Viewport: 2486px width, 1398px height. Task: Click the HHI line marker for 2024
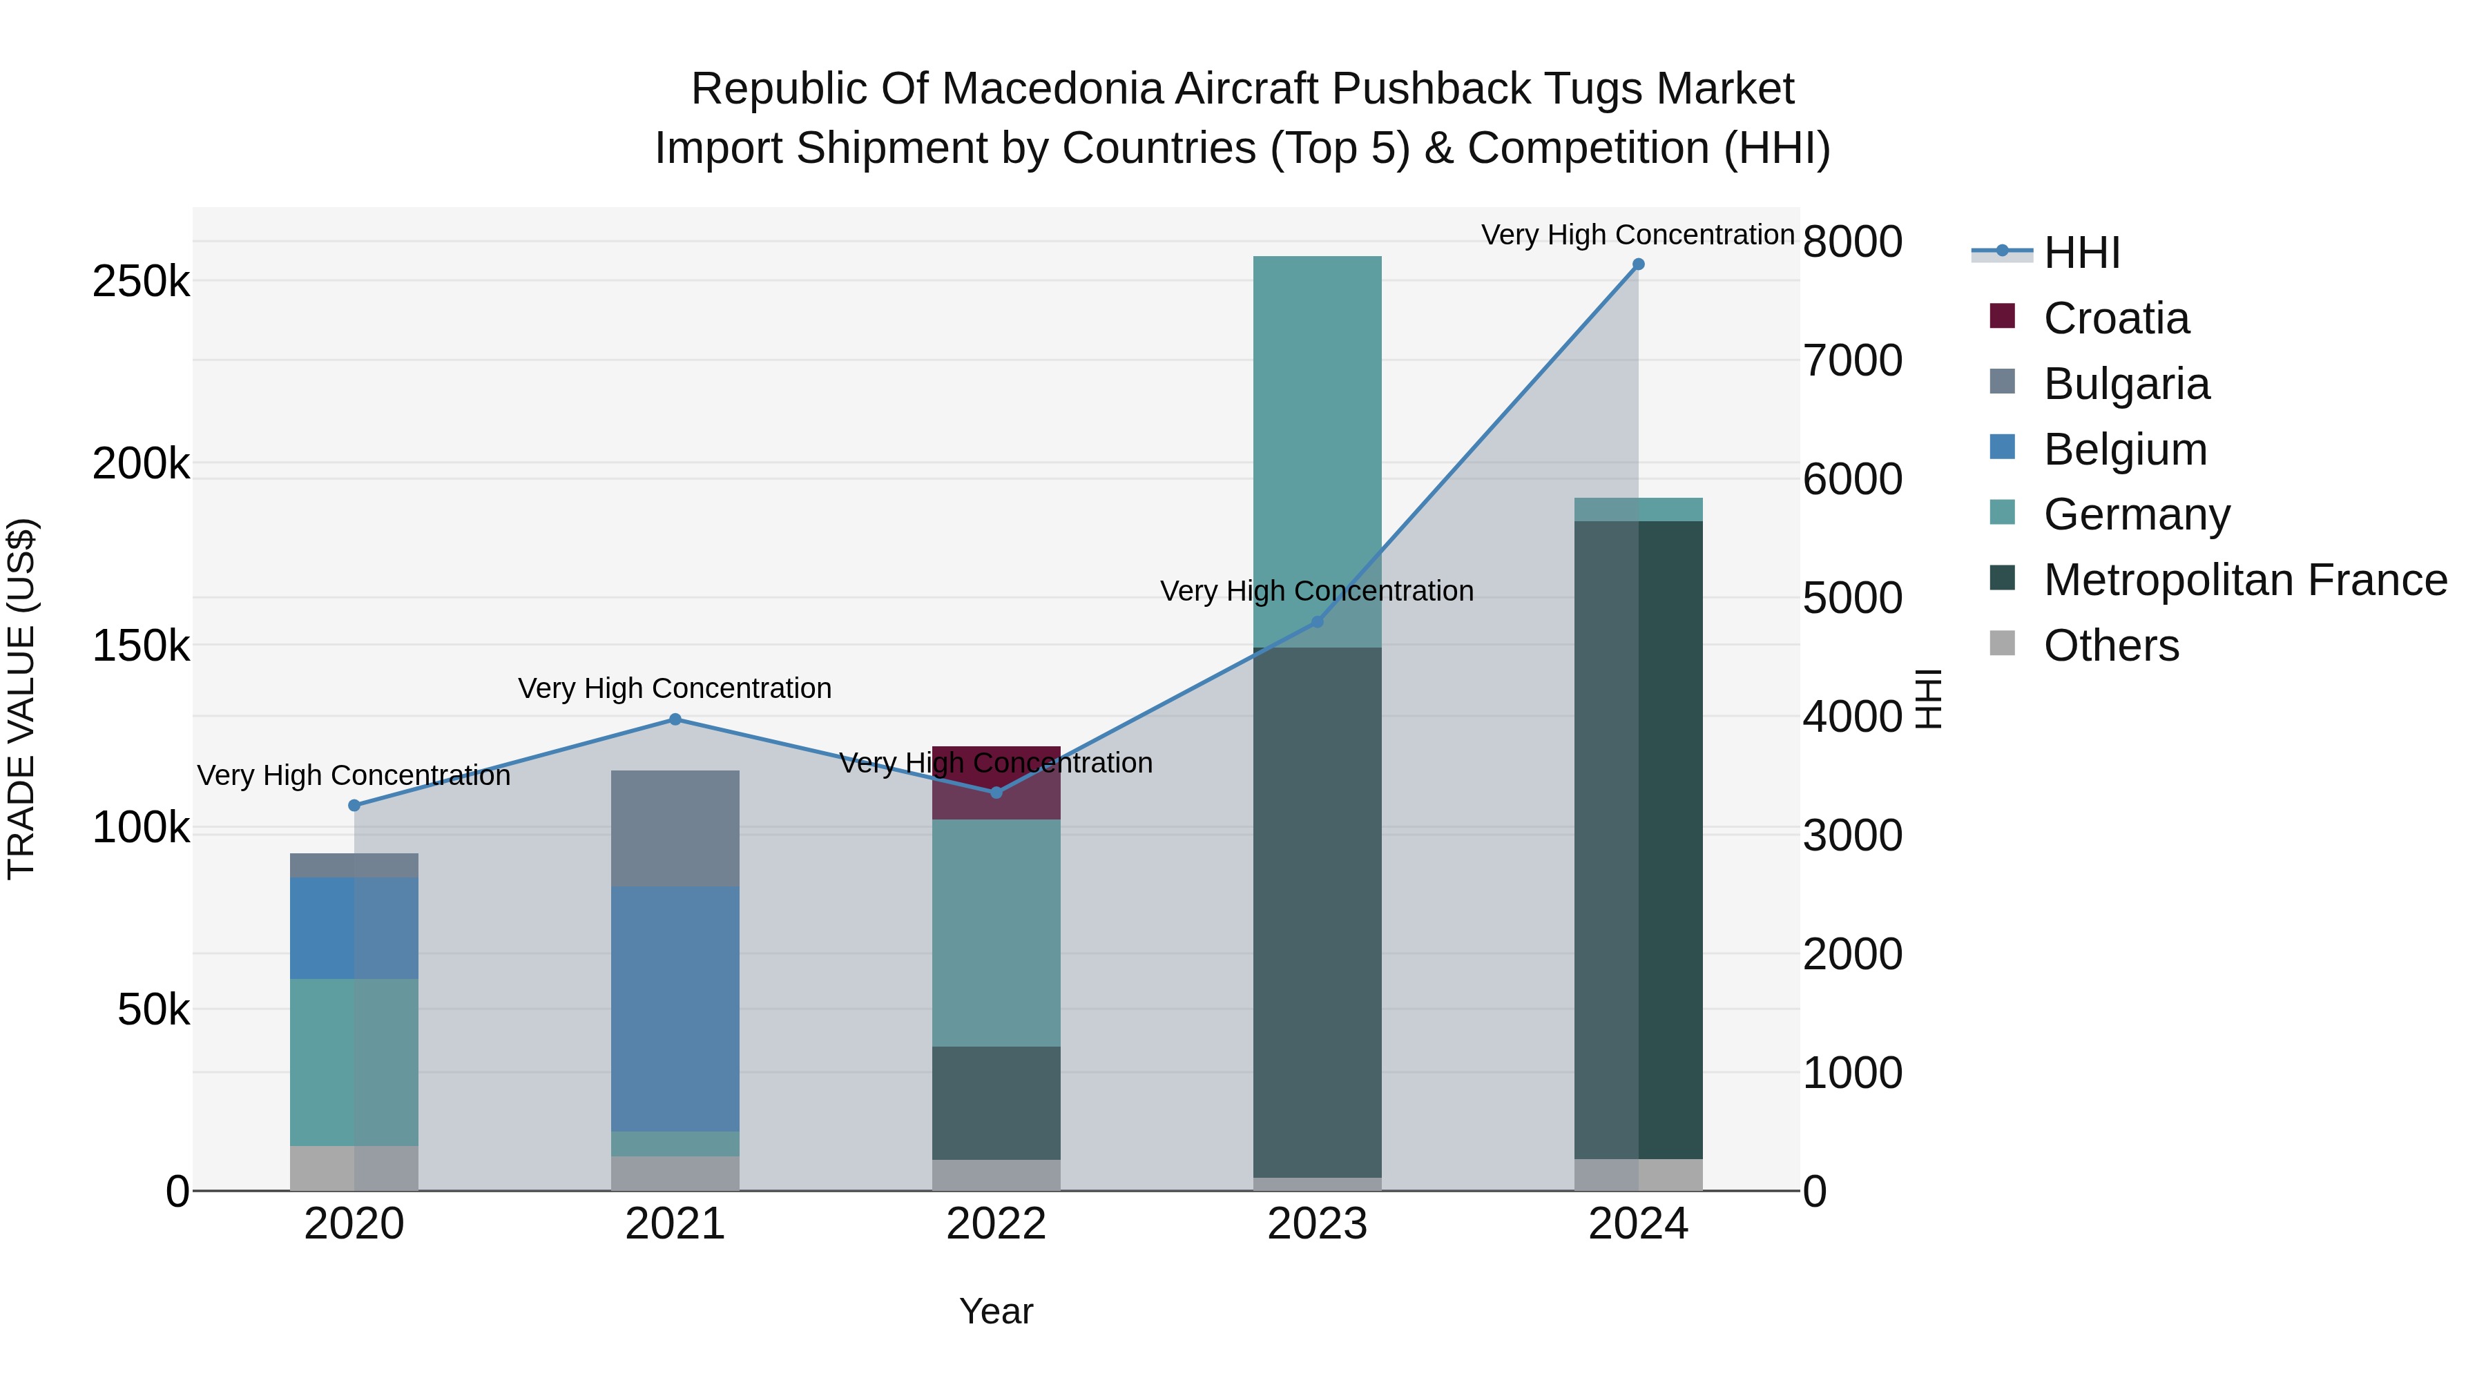click(x=1638, y=264)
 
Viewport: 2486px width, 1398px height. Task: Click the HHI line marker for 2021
click(x=675, y=719)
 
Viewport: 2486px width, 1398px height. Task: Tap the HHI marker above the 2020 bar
click(x=354, y=805)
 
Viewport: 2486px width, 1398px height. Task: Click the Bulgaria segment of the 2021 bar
click(x=675, y=828)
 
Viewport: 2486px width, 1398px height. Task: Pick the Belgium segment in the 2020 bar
click(x=354, y=927)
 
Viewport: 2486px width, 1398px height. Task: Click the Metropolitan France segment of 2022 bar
click(x=996, y=1102)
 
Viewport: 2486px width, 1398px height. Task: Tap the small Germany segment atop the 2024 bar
click(x=1638, y=509)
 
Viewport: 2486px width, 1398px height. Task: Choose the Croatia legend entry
click(x=2115, y=318)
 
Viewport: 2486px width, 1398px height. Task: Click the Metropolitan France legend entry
click(x=2245, y=580)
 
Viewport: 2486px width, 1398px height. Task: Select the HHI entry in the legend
click(x=2081, y=253)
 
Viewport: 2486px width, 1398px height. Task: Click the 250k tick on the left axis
click(x=141, y=282)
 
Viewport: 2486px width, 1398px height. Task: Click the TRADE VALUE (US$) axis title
click(x=21, y=699)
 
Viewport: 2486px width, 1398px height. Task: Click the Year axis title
click(x=996, y=1311)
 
